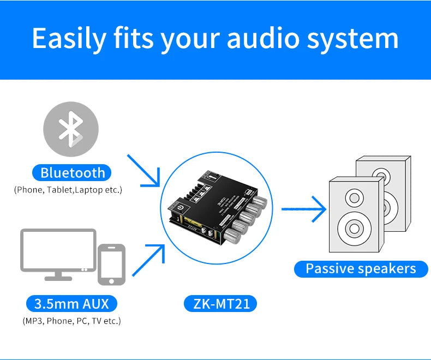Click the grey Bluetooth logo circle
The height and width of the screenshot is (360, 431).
71,129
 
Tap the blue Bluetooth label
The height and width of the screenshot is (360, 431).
72,173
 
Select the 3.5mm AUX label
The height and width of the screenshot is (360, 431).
71,303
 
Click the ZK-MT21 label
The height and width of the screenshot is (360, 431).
222,303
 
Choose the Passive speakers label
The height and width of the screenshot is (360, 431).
360,268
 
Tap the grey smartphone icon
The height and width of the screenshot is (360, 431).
111,264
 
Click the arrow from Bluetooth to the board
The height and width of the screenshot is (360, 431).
143,170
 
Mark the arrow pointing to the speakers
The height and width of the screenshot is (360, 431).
303,208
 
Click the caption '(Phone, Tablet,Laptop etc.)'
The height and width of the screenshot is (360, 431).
68,190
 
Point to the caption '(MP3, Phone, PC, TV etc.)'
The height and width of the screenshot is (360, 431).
71,321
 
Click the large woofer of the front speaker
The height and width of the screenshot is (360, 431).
352,228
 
